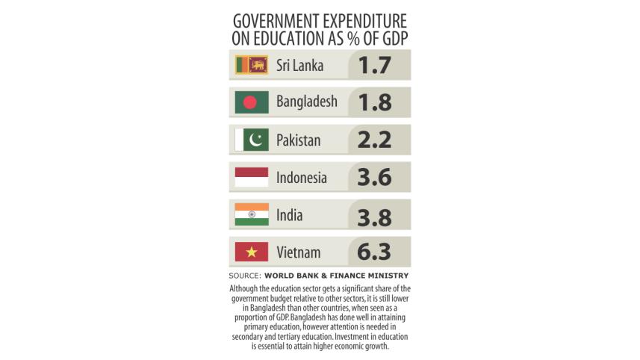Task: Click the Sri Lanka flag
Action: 252,65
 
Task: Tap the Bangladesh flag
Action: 252,102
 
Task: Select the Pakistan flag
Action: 252,140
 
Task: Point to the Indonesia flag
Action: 252,178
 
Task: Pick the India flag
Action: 252,215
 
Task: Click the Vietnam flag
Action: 252,252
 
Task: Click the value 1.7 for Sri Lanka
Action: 375,65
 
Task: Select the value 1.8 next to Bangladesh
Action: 375,102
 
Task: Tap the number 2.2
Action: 375,140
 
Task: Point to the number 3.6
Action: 375,178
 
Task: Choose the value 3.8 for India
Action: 375,215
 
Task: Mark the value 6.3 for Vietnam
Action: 375,252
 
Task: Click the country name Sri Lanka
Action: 299,65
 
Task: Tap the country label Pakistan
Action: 299,140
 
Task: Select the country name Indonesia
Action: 302,178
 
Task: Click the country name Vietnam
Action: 298,252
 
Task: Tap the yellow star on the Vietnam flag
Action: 252,252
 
